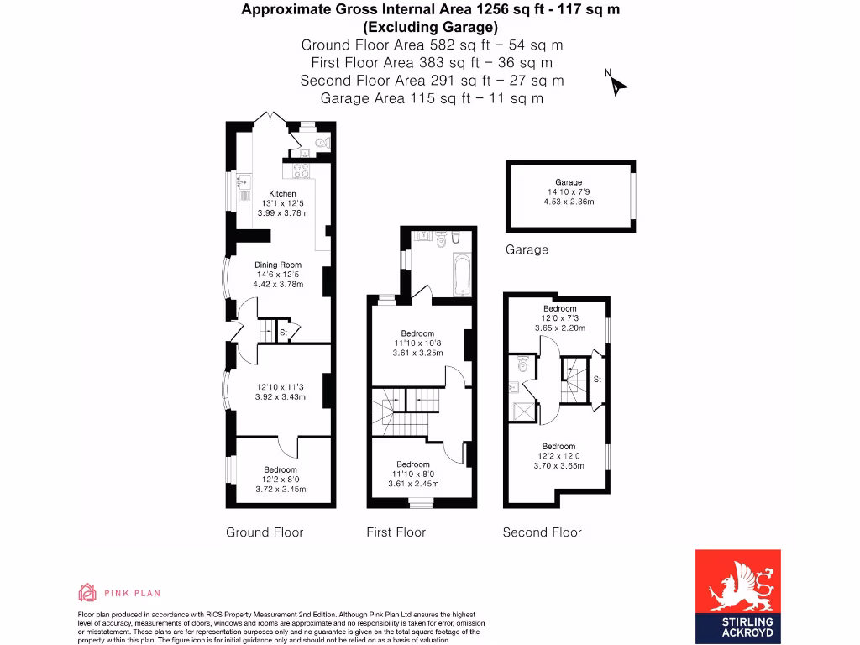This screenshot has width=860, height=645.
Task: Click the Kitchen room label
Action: [282, 194]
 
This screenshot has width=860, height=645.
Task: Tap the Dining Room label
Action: [278, 265]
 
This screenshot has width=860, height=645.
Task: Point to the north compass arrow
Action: [617, 84]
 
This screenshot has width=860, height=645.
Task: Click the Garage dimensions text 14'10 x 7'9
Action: [569, 192]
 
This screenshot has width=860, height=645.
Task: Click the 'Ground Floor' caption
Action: [265, 532]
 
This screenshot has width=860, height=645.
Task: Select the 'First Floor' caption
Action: [396, 532]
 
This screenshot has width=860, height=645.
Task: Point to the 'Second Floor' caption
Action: [542, 532]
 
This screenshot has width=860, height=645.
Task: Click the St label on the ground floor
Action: [285, 333]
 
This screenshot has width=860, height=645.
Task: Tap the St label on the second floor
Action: [597, 380]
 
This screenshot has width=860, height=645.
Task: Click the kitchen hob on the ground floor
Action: [299, 173]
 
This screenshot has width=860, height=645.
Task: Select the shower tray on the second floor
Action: [522, 412]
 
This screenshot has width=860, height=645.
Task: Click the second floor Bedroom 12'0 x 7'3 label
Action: [559, 308]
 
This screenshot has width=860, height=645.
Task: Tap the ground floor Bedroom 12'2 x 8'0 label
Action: [281, 469]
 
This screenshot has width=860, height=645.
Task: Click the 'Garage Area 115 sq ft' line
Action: [432, 98]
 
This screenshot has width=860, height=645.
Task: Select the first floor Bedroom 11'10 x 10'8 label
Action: [417, 333]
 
